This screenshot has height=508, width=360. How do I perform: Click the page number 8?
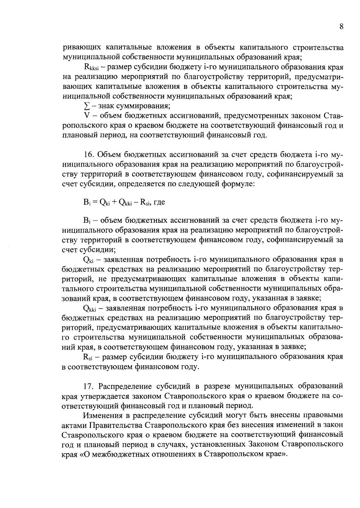[341, 26]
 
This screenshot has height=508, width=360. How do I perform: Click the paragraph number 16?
[88, 155]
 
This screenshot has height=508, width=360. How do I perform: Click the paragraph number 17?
[88, 386]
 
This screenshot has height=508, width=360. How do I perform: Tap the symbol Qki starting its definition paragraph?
[89, 260]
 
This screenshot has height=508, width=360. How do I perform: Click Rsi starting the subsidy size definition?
[88, 357]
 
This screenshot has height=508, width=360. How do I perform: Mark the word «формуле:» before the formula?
[238, 184]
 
